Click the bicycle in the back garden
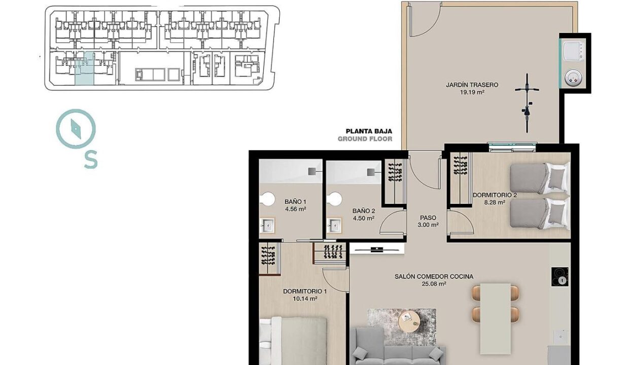[527, 103]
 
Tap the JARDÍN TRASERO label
[472, 85]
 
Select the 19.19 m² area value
[472, 92]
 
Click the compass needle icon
[76, 129]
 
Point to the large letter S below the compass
[91, 159]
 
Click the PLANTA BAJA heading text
[369, 131]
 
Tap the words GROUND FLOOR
[365, 138]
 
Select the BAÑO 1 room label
[295, 201]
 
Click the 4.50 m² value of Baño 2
[363, 218]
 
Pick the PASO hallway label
[428, 217]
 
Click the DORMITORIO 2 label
[495, 195]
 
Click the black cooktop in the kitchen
[560, 277]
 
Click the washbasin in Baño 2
[334, 225]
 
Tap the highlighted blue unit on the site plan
[85, 68]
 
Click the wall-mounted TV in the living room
[376, 249]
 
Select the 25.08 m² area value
[434, 284]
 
